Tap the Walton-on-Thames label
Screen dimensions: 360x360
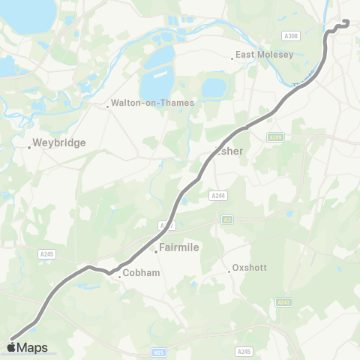click(152, 103)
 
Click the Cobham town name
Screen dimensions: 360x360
click(141, 273)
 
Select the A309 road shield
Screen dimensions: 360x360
click(275, 136)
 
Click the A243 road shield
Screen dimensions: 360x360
click(281, 302)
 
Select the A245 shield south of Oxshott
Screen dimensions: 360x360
click(244, 351)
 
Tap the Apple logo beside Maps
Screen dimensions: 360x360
click(12, 347)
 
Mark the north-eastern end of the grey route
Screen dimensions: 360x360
click(347, 22)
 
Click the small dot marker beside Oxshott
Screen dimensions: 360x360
click(229, 271)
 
